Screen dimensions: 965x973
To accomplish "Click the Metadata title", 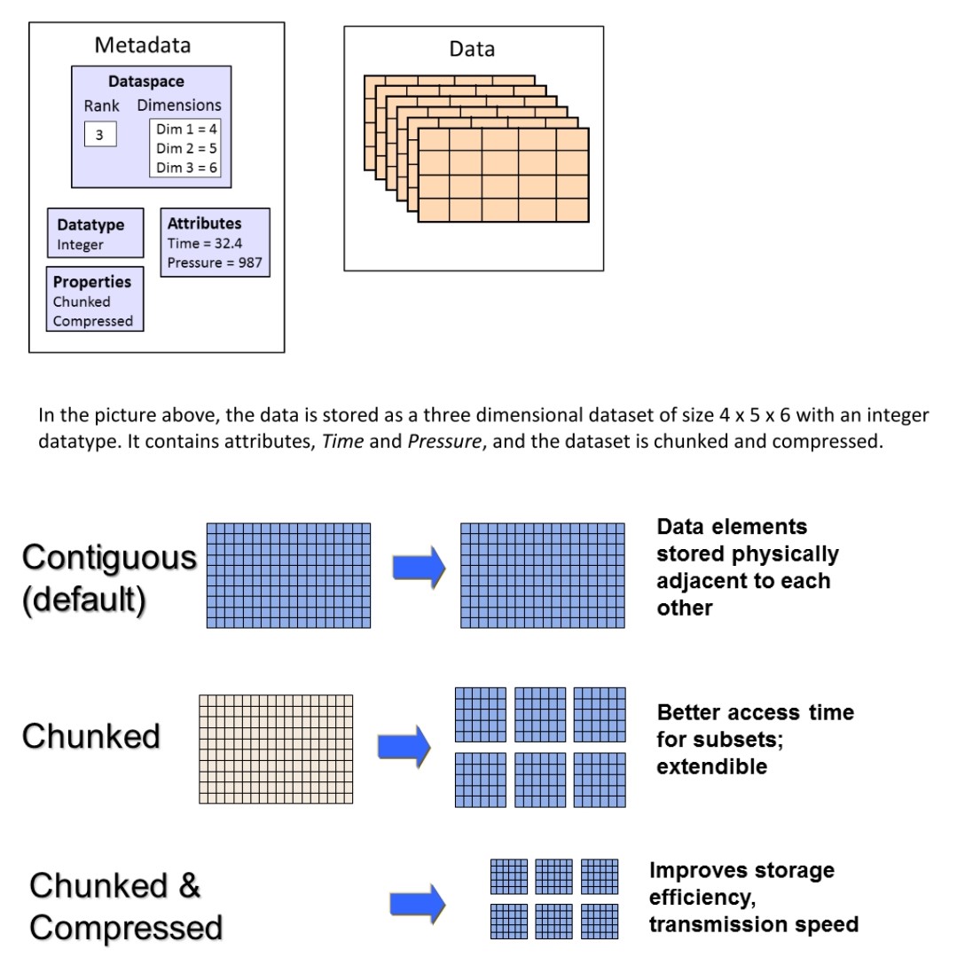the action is (x=143, y=45).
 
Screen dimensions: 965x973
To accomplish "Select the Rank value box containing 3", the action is (x=100, y=134).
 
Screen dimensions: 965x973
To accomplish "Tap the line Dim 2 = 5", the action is (x=186, y=148).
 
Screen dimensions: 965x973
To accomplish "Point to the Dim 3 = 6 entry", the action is (x=186, y=168).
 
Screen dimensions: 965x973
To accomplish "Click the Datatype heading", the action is (x=90, y=224).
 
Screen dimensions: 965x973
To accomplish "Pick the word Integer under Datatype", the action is (x=80, y=245).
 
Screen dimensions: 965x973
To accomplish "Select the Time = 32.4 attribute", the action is (x=204, y=243).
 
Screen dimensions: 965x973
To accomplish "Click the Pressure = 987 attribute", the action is (x=215, y=263).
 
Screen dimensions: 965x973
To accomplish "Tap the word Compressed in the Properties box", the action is (x=93, y=321).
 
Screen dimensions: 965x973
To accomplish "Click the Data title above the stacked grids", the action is (x=472, y=49).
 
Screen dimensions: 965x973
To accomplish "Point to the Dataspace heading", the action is (x=145, y=82).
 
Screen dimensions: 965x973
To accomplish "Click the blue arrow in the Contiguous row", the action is (x=419, y=567).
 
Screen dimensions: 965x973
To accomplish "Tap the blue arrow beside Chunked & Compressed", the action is (x=418, y=904).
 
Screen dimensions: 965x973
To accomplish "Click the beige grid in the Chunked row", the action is (x=276, y=749).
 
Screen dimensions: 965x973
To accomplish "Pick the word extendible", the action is (x=712, y=766).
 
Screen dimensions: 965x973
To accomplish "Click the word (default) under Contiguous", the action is (x=84, y=600).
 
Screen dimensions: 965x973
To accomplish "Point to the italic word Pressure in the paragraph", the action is (x=444, y=441).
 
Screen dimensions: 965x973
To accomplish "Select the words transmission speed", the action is (x=754, y=924).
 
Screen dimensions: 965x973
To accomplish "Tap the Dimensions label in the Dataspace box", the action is (x=179, y=106).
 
